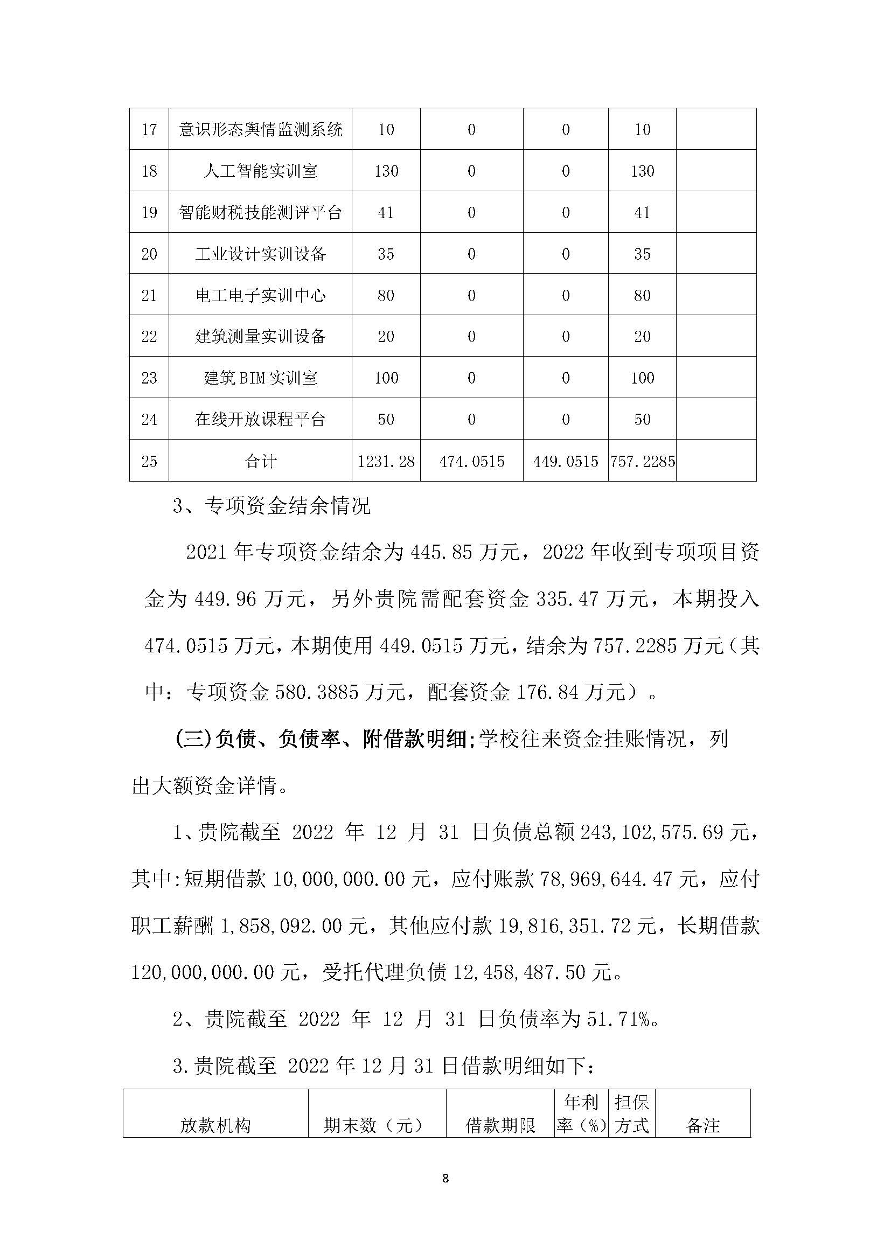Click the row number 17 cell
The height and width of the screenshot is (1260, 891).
tap(149, 129)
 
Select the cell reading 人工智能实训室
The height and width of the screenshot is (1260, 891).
tap(260, 171)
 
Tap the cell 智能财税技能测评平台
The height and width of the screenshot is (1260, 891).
tap(260, 212)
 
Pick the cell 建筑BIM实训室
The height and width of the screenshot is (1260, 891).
tap(260, 378)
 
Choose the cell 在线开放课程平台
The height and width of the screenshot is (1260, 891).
tap(260, 420)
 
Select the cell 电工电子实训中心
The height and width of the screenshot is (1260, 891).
tap(260, 296)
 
